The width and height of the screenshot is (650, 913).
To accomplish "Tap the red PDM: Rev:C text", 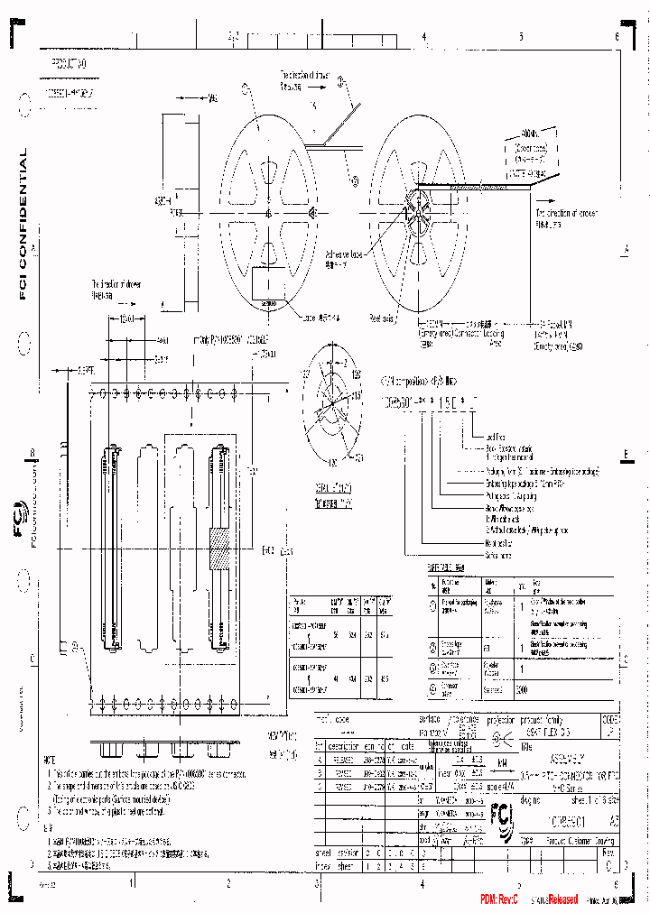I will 498,899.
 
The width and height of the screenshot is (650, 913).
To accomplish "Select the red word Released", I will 562,899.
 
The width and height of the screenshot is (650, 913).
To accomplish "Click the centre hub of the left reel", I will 268,213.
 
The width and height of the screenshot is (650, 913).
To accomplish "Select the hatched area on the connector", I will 217,549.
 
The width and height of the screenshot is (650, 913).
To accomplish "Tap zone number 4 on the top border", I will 423,37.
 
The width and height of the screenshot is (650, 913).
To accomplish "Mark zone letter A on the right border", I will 625,249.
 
